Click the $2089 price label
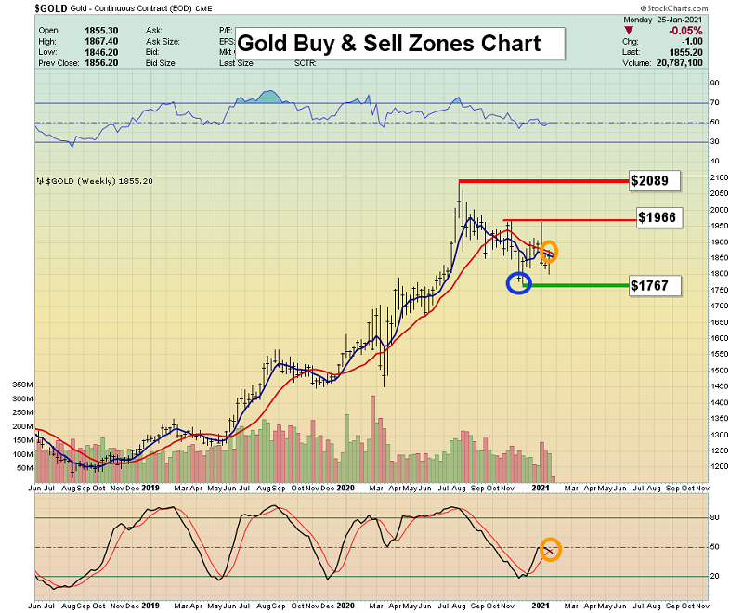[x=655, y=179]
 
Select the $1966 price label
[x=660, y=218]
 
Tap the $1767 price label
[x=655, y=285]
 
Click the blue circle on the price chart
[x=518, y=283]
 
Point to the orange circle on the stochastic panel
[x=550, y=550]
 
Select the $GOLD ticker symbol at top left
[x=48, y=7]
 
